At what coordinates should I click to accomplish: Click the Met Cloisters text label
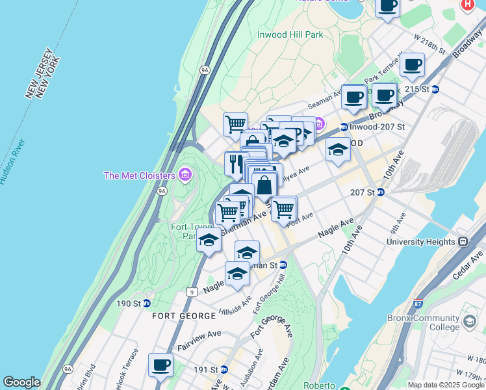(x=139, y=175)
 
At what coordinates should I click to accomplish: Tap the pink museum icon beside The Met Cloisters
(x=185, y=175)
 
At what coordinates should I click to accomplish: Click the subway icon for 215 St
(x=435, y=89)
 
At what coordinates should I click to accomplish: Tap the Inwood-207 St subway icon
(x=344, y=127)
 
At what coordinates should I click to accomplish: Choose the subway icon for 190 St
(x=147, y=304)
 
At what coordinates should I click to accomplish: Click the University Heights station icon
(x=463, y=242)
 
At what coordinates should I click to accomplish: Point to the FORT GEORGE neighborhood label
(x=184, y=316)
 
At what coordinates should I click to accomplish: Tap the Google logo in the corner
(x=21, y=382)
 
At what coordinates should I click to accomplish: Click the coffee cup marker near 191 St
(x=160, y=365)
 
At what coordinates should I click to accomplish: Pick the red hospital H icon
(x=467, y=5)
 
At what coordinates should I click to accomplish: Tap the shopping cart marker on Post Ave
(x=284, y=209)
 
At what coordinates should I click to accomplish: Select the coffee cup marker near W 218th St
(x=413, y=65)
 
